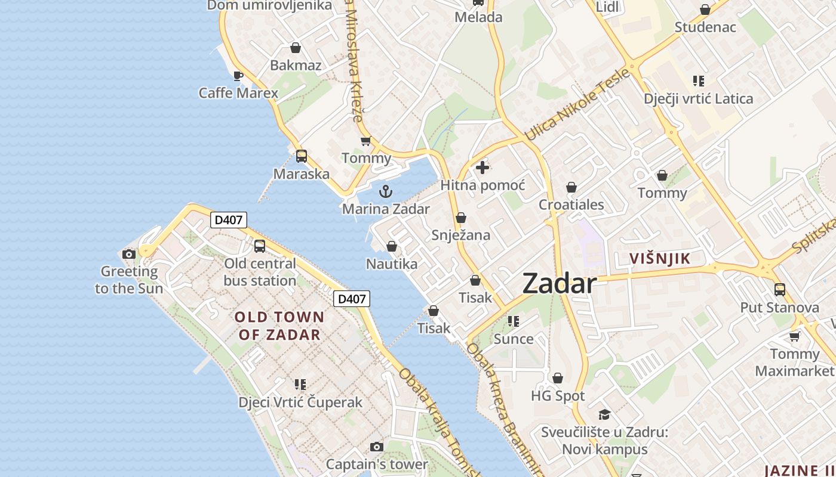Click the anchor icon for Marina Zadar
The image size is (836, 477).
386,191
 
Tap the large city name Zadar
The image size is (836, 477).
560,284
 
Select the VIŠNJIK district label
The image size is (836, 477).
660,259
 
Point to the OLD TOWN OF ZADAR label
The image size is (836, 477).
279,326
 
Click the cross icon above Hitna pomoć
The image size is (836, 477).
482,168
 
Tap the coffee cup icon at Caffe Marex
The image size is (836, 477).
238,76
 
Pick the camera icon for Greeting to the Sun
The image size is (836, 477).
128,255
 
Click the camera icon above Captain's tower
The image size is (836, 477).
376,447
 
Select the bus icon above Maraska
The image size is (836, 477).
302,156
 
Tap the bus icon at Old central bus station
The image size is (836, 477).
260,246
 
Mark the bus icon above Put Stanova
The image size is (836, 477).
779,290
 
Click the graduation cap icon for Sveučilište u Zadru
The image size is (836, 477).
604,414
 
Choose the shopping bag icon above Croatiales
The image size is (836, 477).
571,187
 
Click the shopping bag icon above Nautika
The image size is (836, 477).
392,246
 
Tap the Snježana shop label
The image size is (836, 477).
461,235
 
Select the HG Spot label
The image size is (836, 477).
558,396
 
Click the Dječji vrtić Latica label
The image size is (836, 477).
698,98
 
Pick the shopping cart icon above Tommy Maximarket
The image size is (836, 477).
794,336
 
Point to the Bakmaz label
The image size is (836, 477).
296,66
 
